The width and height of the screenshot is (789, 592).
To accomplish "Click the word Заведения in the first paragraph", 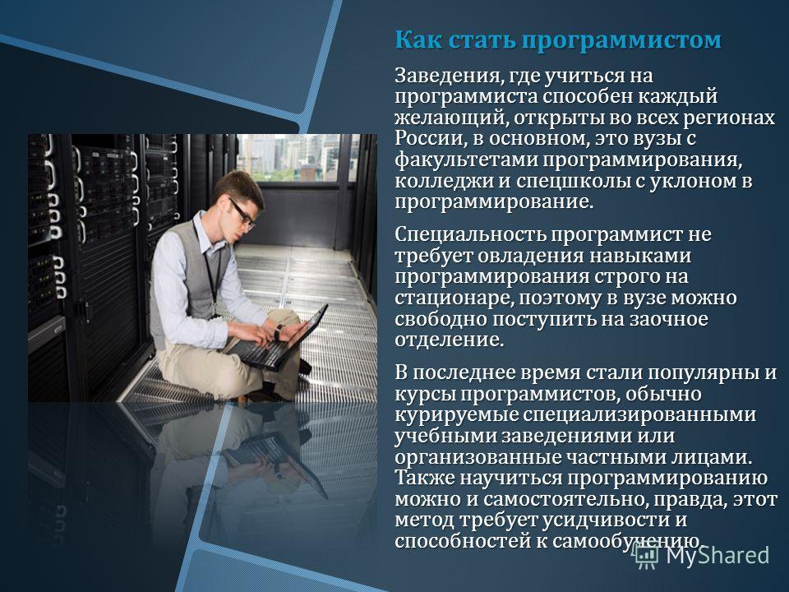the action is tap(445, 76).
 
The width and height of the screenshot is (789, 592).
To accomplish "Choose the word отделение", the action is tap(449, 340).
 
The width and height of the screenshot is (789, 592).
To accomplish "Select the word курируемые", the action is tap(456, 415).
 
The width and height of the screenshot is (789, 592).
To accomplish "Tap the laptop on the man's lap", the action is tap(279, 339).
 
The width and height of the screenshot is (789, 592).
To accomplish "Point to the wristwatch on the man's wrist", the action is tap(279, 331).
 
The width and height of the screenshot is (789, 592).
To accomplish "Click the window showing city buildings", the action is tap(298, 158).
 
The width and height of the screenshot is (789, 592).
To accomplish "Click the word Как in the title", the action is tap(418, 39).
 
